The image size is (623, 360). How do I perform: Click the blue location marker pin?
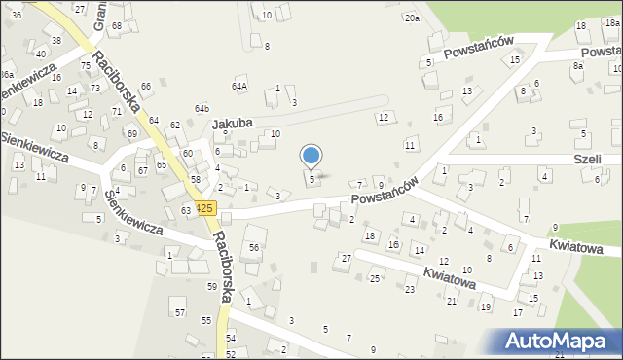click(x=311, y=157)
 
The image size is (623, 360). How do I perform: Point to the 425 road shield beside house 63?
click(x=204, y=208)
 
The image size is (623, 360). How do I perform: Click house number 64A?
click(x=238, y=86)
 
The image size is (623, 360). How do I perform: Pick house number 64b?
click(x=202, y=108)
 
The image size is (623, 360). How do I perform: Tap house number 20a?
click(x=412, y=18)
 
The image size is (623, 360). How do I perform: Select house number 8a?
click(x=577, y=65)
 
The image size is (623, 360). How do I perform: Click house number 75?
click(x=86, y=65)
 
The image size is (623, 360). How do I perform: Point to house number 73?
click(x=95, y=88)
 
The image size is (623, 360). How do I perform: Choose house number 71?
click(x=116, y=112)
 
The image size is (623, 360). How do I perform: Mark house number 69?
click(x=131, y=133)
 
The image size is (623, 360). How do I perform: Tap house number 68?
click(x=117, y=25)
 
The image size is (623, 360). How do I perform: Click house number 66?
click(x=146, y=87)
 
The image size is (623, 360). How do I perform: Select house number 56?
click(x=253, y=248)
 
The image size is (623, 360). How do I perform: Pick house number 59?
click(x=211, y=286)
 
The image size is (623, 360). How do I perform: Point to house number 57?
click(x=179, y=311)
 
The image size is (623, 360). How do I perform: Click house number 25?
click(x=374, y=279)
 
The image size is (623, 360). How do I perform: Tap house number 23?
click(x=410, y=289)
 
